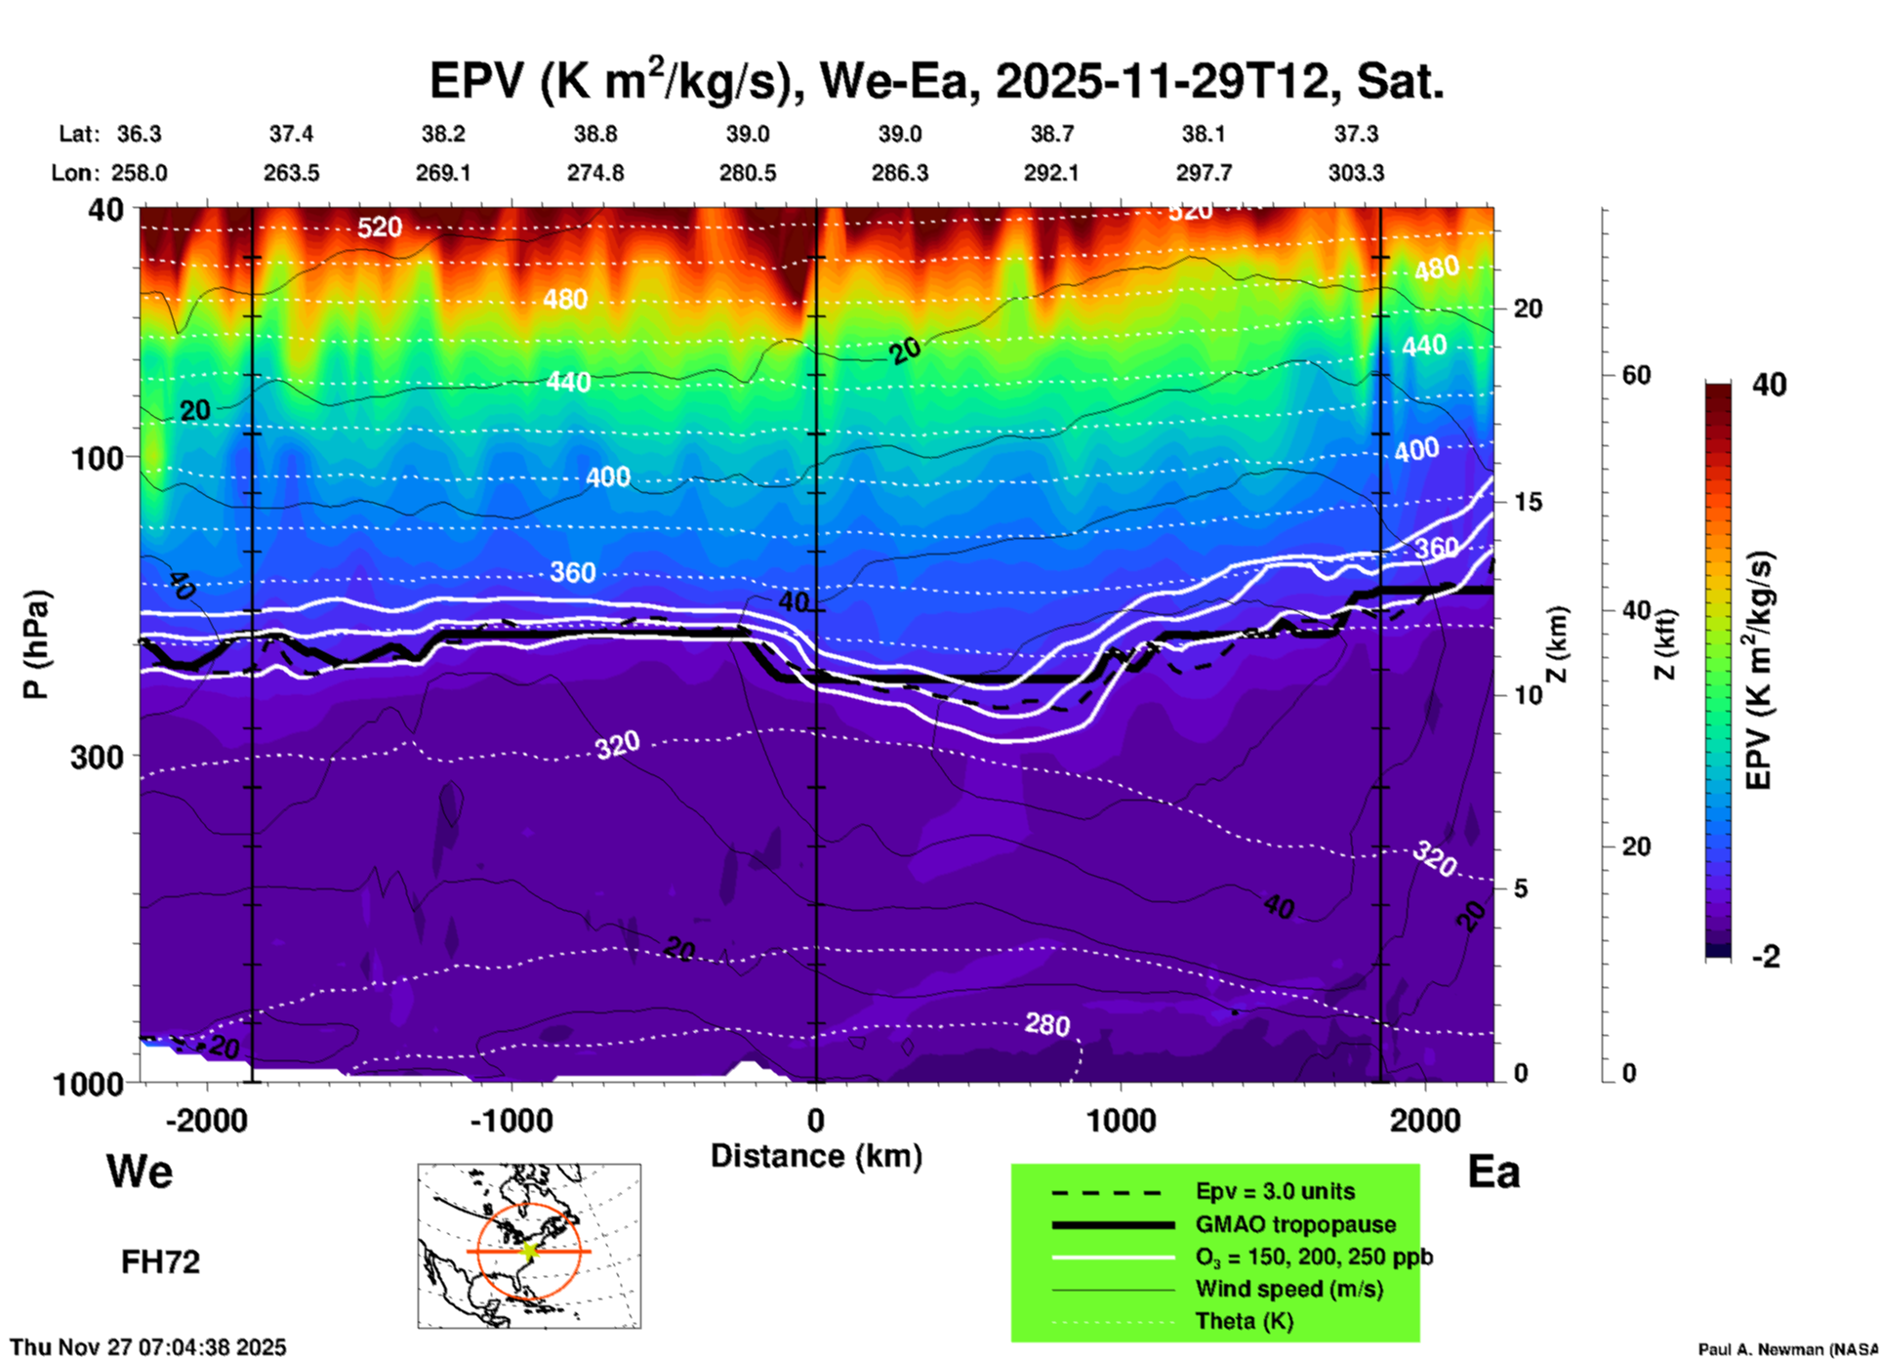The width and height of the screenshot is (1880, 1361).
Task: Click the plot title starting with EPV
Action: [936, 82]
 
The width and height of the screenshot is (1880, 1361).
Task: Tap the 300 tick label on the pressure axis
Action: [97, 757]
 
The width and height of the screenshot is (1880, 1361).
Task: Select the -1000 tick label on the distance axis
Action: [511, 1121]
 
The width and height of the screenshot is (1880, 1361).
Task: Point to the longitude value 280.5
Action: [748, 173]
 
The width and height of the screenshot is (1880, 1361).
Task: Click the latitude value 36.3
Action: [139, 134]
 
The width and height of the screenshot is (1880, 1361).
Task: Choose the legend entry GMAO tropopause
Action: [1295, 1224]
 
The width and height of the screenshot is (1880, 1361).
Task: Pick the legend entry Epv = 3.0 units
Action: [1275, 1192]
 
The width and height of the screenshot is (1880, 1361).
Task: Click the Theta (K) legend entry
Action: [1245, 1322]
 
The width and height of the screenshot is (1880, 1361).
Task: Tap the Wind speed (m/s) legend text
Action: [1288, 1290]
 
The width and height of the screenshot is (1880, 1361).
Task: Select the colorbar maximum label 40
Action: [1769, 385]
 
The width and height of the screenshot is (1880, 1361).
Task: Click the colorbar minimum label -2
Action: [1766, 957]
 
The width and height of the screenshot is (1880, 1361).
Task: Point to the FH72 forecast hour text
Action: [160, 1262]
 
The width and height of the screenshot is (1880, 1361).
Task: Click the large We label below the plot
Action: [140, 1171]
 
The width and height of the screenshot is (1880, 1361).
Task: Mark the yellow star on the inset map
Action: [529, 1251]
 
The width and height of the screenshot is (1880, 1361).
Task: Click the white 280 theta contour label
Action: [1047, 1024]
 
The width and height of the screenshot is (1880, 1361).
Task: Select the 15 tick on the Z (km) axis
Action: [1528, 502]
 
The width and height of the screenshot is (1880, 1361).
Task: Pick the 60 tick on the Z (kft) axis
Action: [1636, 375]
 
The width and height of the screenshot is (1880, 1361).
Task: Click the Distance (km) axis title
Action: [816, 1156]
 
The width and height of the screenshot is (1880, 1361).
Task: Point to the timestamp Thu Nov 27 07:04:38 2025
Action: [148, 1347]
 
